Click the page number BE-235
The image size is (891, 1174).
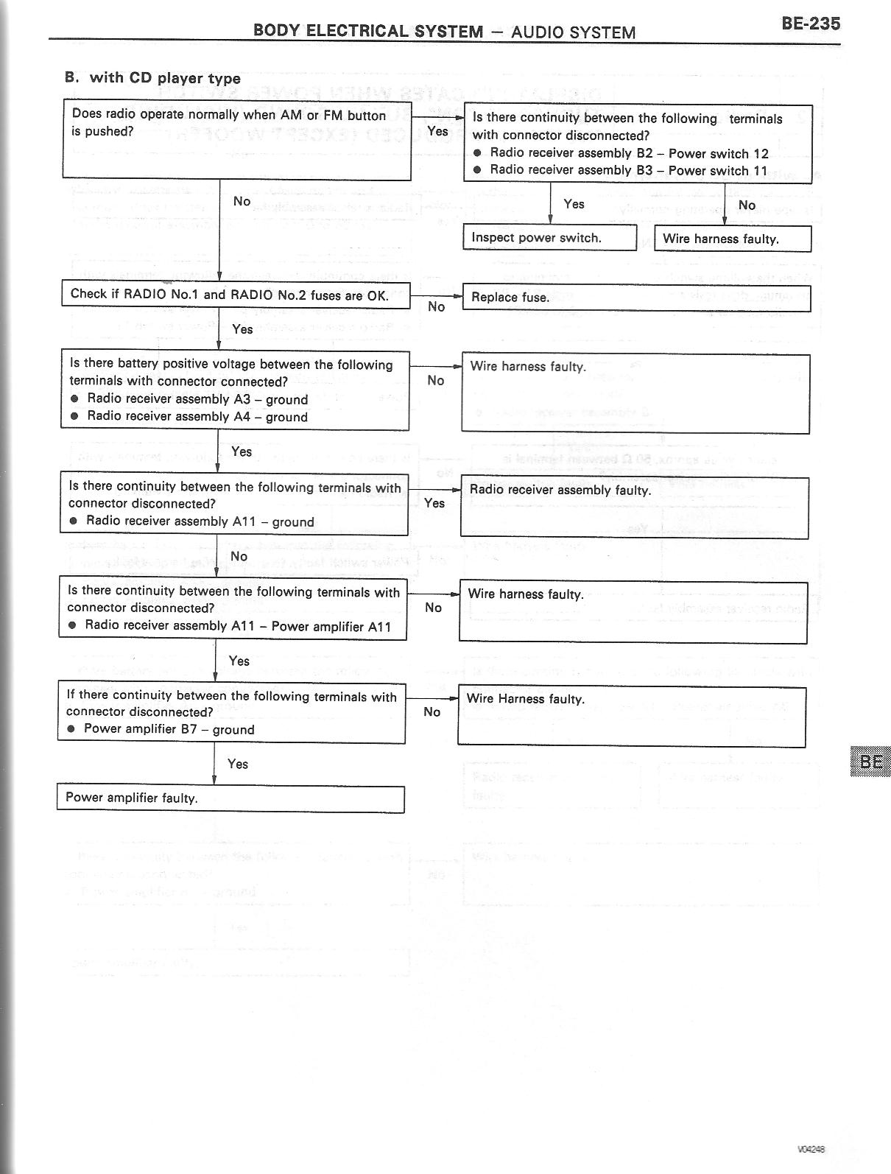pos(810,24)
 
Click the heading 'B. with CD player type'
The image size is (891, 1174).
pos(153,78)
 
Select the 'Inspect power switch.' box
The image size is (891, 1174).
pos(549,238)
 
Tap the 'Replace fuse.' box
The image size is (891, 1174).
pos(636,298)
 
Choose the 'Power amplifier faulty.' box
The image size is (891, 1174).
pos(230,798)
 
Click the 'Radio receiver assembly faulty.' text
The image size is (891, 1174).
pos(560,491)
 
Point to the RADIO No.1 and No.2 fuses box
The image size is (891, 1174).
pos(235,295)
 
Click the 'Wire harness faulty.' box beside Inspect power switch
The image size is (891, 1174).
pos(733,239)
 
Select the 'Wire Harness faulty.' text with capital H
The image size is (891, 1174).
pos(526,699)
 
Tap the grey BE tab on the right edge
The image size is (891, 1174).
pos(870,762)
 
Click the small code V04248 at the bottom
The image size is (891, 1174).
pos(811,1149)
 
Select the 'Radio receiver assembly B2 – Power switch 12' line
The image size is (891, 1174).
pos(629,153)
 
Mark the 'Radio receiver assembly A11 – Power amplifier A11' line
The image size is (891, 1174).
pos(237,626)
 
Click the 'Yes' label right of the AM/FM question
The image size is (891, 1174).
pos(437,131)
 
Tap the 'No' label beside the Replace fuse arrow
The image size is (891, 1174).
pos(436,306)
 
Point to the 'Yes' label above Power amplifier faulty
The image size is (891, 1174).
pos(238,764)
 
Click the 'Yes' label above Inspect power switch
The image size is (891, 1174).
pos(574,204)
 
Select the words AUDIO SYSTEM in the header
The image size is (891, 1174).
pos(573,32)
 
